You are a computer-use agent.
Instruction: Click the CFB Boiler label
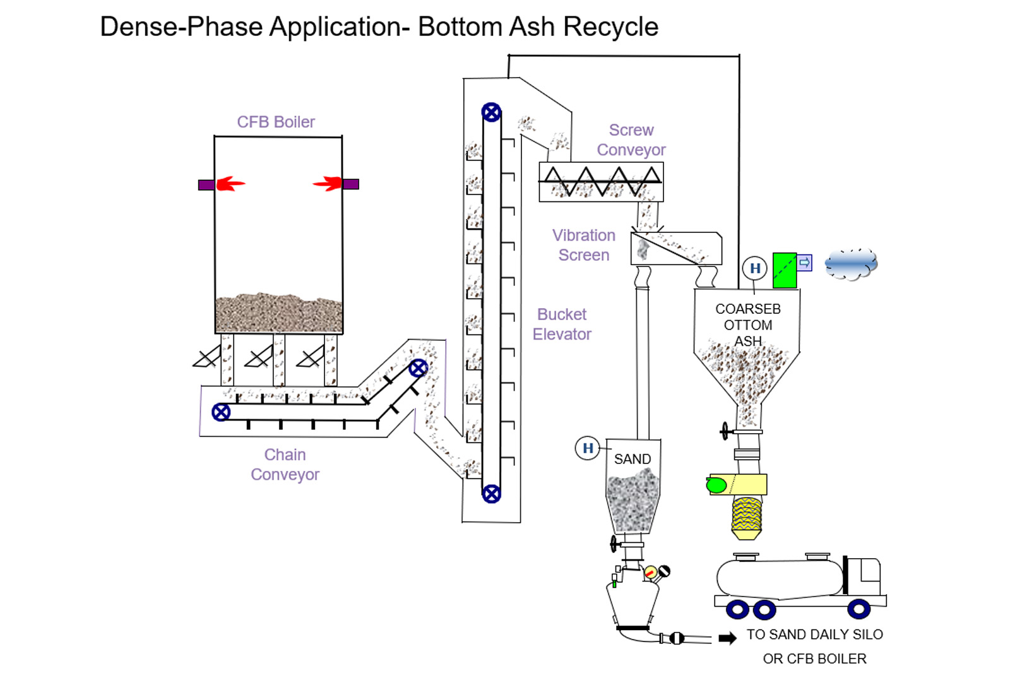point(276,122)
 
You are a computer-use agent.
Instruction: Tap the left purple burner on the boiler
point(206,185)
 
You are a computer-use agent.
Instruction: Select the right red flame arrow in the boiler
point(328,184)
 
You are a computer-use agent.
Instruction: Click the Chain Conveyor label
point(285,465)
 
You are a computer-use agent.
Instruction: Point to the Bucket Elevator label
point(562,324)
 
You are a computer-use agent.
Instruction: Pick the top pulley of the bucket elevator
point(491,112)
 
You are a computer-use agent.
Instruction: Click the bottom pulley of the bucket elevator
point(491,494)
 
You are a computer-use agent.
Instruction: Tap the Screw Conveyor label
point(631,140)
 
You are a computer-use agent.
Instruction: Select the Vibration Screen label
point(584,245)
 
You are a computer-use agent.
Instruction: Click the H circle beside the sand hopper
point(588,448)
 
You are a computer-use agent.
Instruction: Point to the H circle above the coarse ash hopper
point(754,268)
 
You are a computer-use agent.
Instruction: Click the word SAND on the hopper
point(633,459)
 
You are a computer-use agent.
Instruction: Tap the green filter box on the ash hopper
point(785,270)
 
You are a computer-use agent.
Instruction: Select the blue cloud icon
point(851,264)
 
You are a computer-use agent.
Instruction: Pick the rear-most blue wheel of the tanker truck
point(737,610)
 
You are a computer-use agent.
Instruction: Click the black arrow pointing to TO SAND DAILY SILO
point(727,638)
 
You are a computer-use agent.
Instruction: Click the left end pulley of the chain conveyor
point(221,412)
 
